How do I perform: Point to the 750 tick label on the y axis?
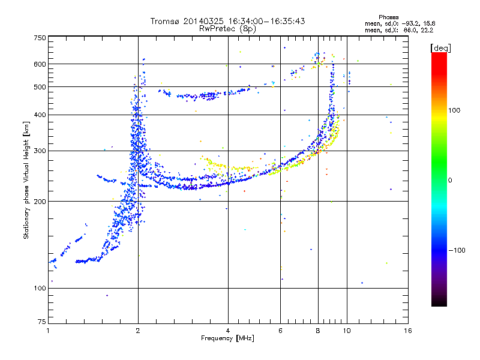(40, 38)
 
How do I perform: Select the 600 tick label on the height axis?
(40, 64)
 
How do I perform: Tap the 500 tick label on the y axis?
(40, 87)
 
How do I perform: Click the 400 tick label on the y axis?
(40, 115)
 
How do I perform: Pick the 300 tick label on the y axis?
(40, 151)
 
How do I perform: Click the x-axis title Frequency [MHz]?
(227, 338)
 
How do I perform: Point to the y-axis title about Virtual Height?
(26, 179)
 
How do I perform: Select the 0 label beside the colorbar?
(452, 180)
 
